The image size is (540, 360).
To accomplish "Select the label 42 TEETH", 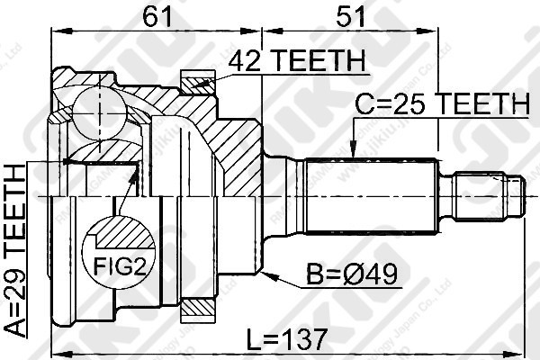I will (x=295, y=62).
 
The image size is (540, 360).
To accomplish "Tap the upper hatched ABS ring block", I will (x=199, y=84).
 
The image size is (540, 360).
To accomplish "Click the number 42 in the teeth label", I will (x=243, y=62).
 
